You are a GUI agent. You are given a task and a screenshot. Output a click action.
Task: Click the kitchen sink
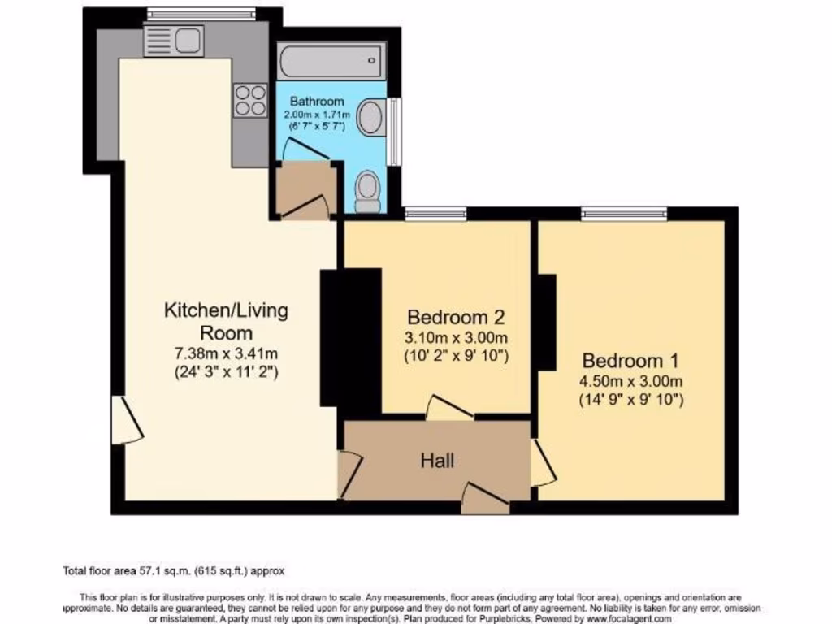click(x=173, y=40)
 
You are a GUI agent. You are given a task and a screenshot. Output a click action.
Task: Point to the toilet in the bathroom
click(x=368, y=191)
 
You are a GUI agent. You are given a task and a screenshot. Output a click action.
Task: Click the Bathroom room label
click(x=318, y=102)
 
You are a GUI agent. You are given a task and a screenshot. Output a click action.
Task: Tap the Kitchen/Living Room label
click(x=226, y=321)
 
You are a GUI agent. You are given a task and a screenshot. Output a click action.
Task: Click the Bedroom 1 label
click(x=630, y=360)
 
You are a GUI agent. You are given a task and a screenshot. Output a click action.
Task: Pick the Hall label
click(x=437, y=461)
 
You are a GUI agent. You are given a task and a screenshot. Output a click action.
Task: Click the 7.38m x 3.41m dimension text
click(x=226, y=354)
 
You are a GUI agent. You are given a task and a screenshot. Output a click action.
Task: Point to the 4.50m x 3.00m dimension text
click(x=631, y=382)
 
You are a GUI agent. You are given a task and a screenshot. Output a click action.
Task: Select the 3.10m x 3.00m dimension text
click(x=457, y=338)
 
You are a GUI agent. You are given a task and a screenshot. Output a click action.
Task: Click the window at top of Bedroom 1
click(x=624, y=214)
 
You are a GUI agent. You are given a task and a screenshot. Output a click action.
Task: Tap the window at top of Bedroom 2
click(x=435, y=214)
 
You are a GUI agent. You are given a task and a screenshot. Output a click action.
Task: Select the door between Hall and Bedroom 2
click(x=448, y=408)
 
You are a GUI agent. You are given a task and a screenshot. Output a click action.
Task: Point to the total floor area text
click(x=174, y=571)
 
